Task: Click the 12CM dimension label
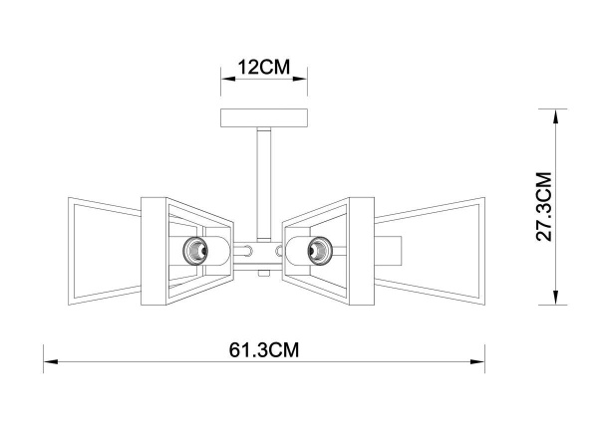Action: click(263, 68)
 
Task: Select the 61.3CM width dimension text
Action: click(264, 350)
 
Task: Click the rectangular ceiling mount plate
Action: click(263, 117)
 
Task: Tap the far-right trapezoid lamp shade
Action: click(439, 247)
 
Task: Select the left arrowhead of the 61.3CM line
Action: click(48, 364)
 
